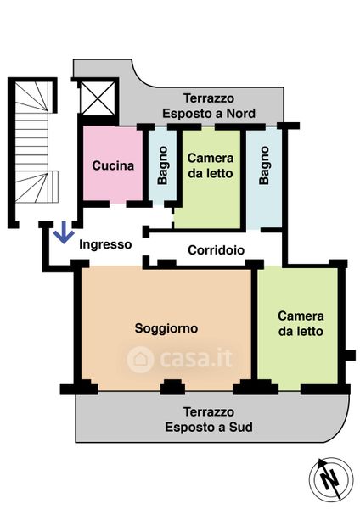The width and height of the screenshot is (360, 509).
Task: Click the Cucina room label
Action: coord(113,165)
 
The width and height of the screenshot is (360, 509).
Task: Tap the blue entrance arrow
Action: coord(64,232)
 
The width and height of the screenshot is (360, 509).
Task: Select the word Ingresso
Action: coord(105,244)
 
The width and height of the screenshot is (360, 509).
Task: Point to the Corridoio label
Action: coord(216,250)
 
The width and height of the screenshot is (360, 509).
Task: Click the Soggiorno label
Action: coord(166,328)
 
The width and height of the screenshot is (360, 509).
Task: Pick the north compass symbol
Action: coord(331,478)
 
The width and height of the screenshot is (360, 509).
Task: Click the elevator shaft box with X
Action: coord(98,98)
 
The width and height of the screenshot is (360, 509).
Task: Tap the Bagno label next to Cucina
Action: coord(162,165)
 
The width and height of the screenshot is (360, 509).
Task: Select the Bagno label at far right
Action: coord(264,165)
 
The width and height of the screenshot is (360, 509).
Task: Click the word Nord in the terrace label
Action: coord(241,114)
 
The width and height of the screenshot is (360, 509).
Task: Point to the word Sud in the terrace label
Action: coord(241,427)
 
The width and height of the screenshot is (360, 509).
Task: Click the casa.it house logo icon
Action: coord(140,359)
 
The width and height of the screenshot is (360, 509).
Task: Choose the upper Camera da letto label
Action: coord(211,165)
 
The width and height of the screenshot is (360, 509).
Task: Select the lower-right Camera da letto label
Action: coord(301,324)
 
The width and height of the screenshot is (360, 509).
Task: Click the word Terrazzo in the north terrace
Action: coord(209,98)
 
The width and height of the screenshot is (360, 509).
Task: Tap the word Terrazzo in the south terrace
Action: coord(209,411)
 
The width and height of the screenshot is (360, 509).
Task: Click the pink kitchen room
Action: coord(113,163)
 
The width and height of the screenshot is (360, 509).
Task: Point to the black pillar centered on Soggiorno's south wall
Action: coord(172,387)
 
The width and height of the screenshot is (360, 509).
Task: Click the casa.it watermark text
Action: coord(196,358)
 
